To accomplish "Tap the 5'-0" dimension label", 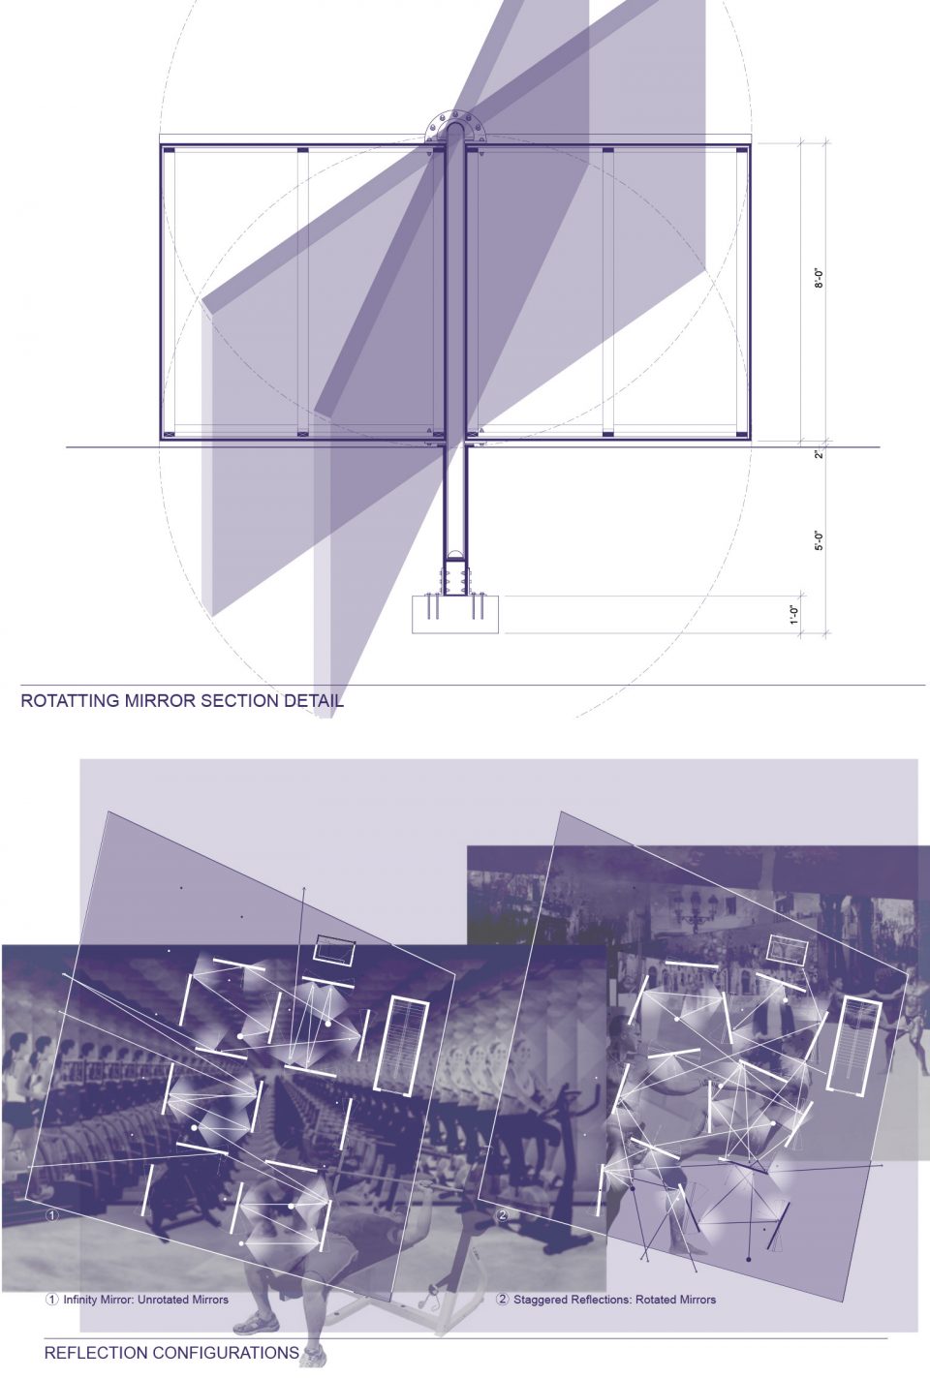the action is coord(819,539).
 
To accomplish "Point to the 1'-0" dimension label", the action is coord(794,615).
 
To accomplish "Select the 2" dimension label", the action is coord(819,454).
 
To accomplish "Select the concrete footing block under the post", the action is coord(455,614).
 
